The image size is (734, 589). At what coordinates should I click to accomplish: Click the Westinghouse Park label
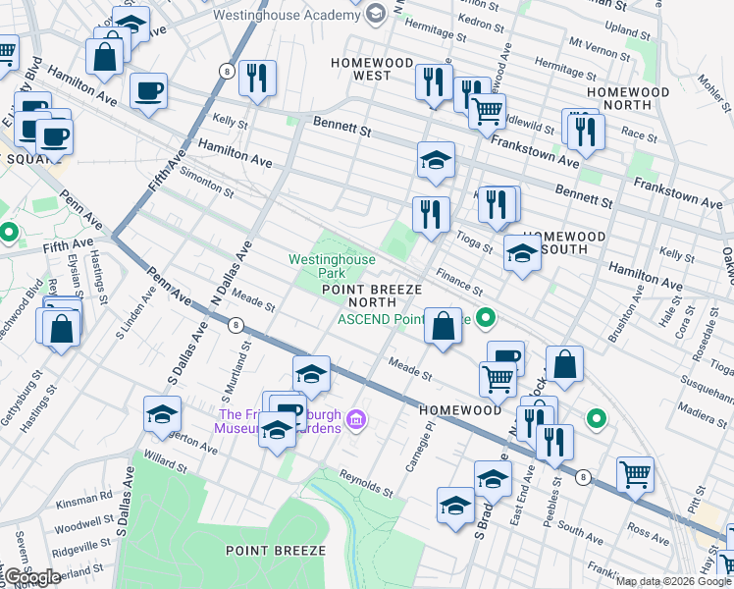[x=331, y=265]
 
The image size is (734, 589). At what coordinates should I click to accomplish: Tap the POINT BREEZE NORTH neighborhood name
[x=372, y=296]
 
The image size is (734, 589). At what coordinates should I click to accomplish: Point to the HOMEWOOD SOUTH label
[x=563, y=242]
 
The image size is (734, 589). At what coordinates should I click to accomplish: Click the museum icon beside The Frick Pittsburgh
[x=357, y=422]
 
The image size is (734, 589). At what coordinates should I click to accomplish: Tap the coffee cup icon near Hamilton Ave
[x=148, y=92]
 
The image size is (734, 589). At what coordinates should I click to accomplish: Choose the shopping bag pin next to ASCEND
[x=444, y=325]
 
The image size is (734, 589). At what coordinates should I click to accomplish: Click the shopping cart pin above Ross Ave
[x=635, y=475]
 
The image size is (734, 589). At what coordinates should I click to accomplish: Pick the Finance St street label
[x=459, y=286]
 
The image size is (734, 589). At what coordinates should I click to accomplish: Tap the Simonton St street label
[x=206, y=182]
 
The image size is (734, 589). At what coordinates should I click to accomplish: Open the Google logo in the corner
[x=32, y=576]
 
